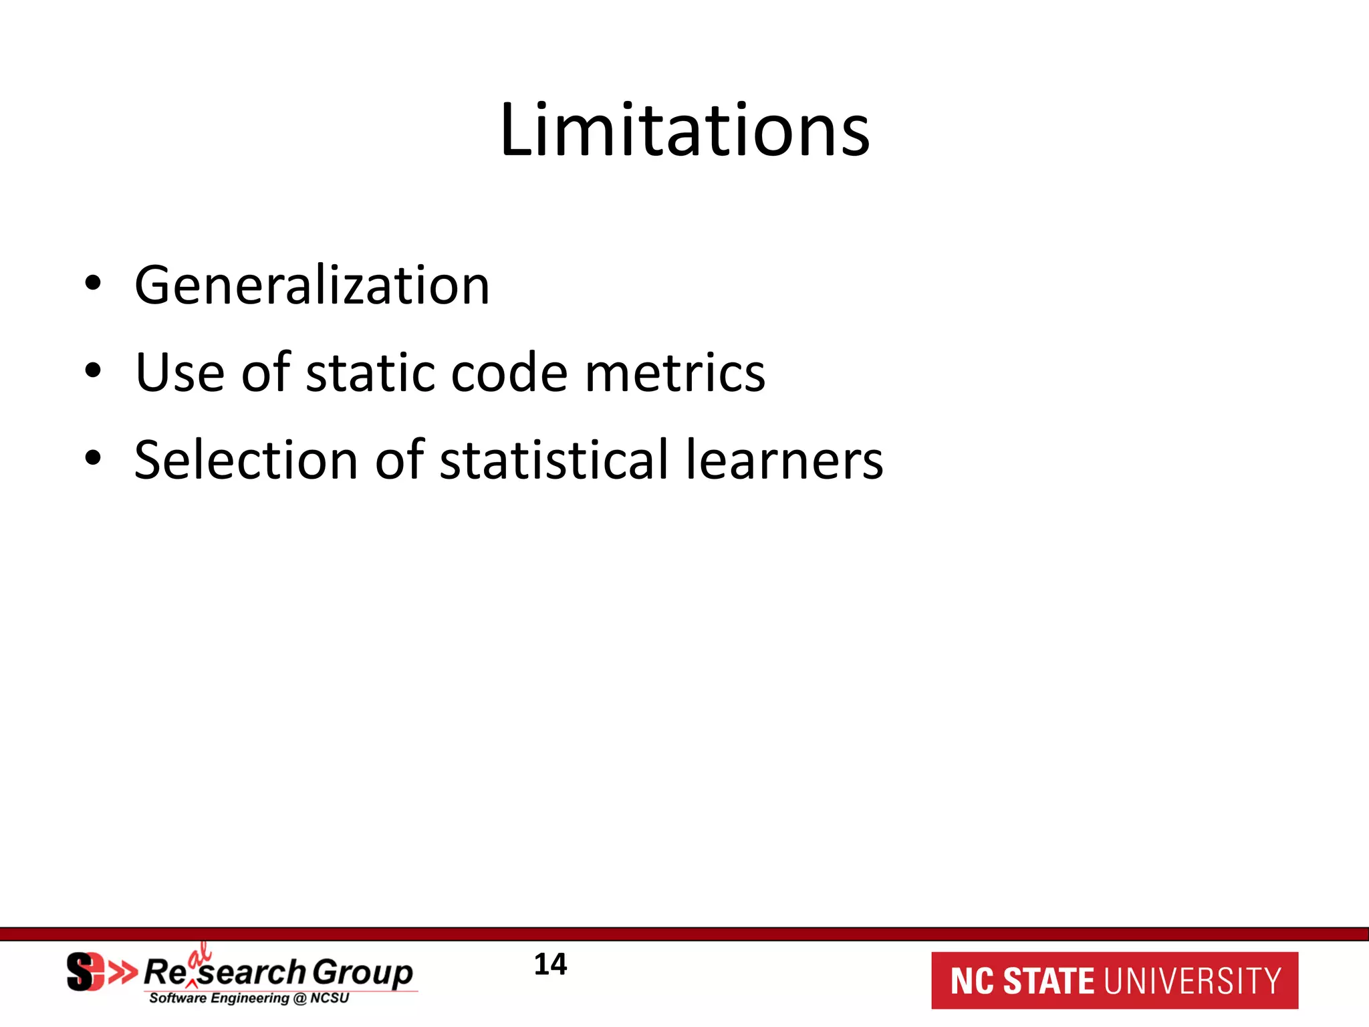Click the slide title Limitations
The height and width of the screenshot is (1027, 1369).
click(684, 130)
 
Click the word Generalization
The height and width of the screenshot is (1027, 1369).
click(312, 286)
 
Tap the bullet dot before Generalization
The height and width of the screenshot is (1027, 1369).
click(93, 283)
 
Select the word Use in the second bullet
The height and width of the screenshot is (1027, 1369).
click(179, 372)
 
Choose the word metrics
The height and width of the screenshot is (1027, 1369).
click(675, 372)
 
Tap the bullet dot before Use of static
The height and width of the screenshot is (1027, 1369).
click(93, 370)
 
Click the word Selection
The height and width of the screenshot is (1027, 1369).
click(246, 460)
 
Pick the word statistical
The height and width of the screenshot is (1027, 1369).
click(554, 460)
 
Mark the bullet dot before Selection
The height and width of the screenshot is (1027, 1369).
click(93, 458)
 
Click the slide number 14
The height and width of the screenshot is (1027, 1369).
click(550, 965)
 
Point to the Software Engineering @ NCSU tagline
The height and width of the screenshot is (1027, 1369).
click(249, 998)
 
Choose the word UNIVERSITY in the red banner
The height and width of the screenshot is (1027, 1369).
click(1193, 981)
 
